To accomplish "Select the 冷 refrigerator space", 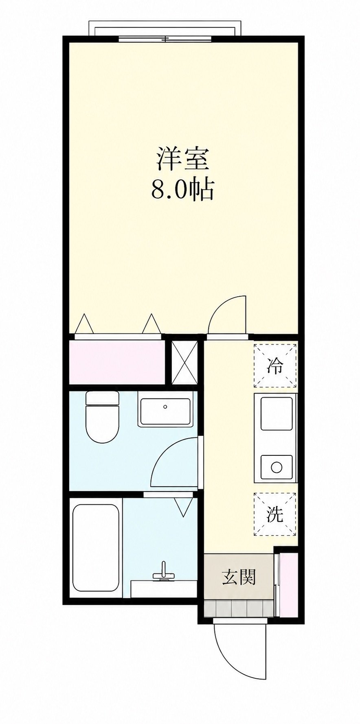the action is [275, 365].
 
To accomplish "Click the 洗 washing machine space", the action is [275, 514].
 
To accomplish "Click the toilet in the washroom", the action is [102, 417].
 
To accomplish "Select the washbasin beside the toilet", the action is [165, 412].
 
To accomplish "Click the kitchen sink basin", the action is [277, 413].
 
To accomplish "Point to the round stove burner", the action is [277, 467].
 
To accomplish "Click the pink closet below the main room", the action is [117, 361].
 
